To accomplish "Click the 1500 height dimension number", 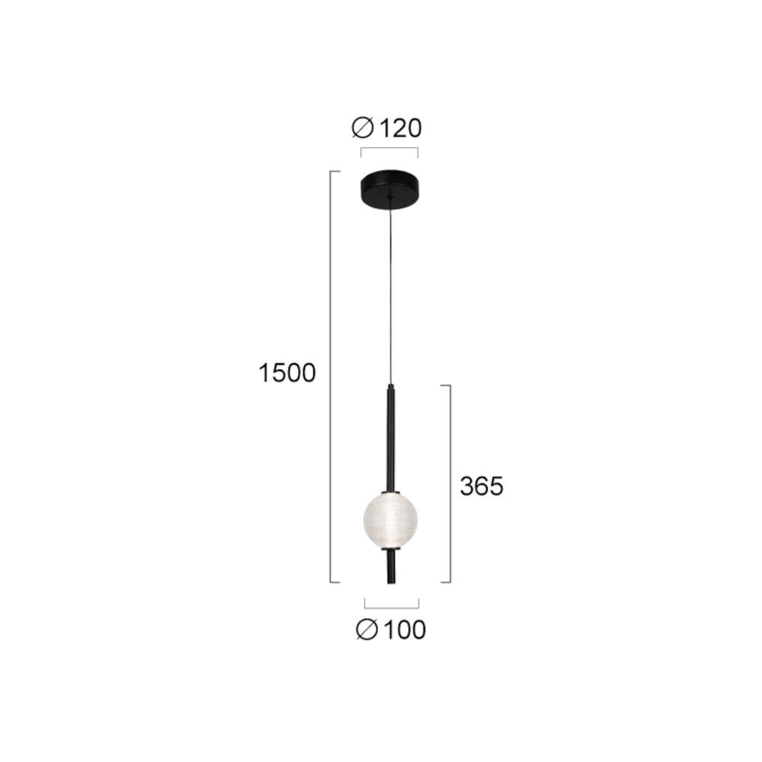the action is click(x=287, y=373).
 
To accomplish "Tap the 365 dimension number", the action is click(x=482, y=486).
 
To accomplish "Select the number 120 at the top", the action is click(x=400, y=128).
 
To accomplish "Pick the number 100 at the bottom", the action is click(x=405, y=630).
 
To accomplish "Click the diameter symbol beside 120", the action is click(x=363, y=128).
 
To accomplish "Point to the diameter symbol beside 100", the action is click(x=367, y=630).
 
